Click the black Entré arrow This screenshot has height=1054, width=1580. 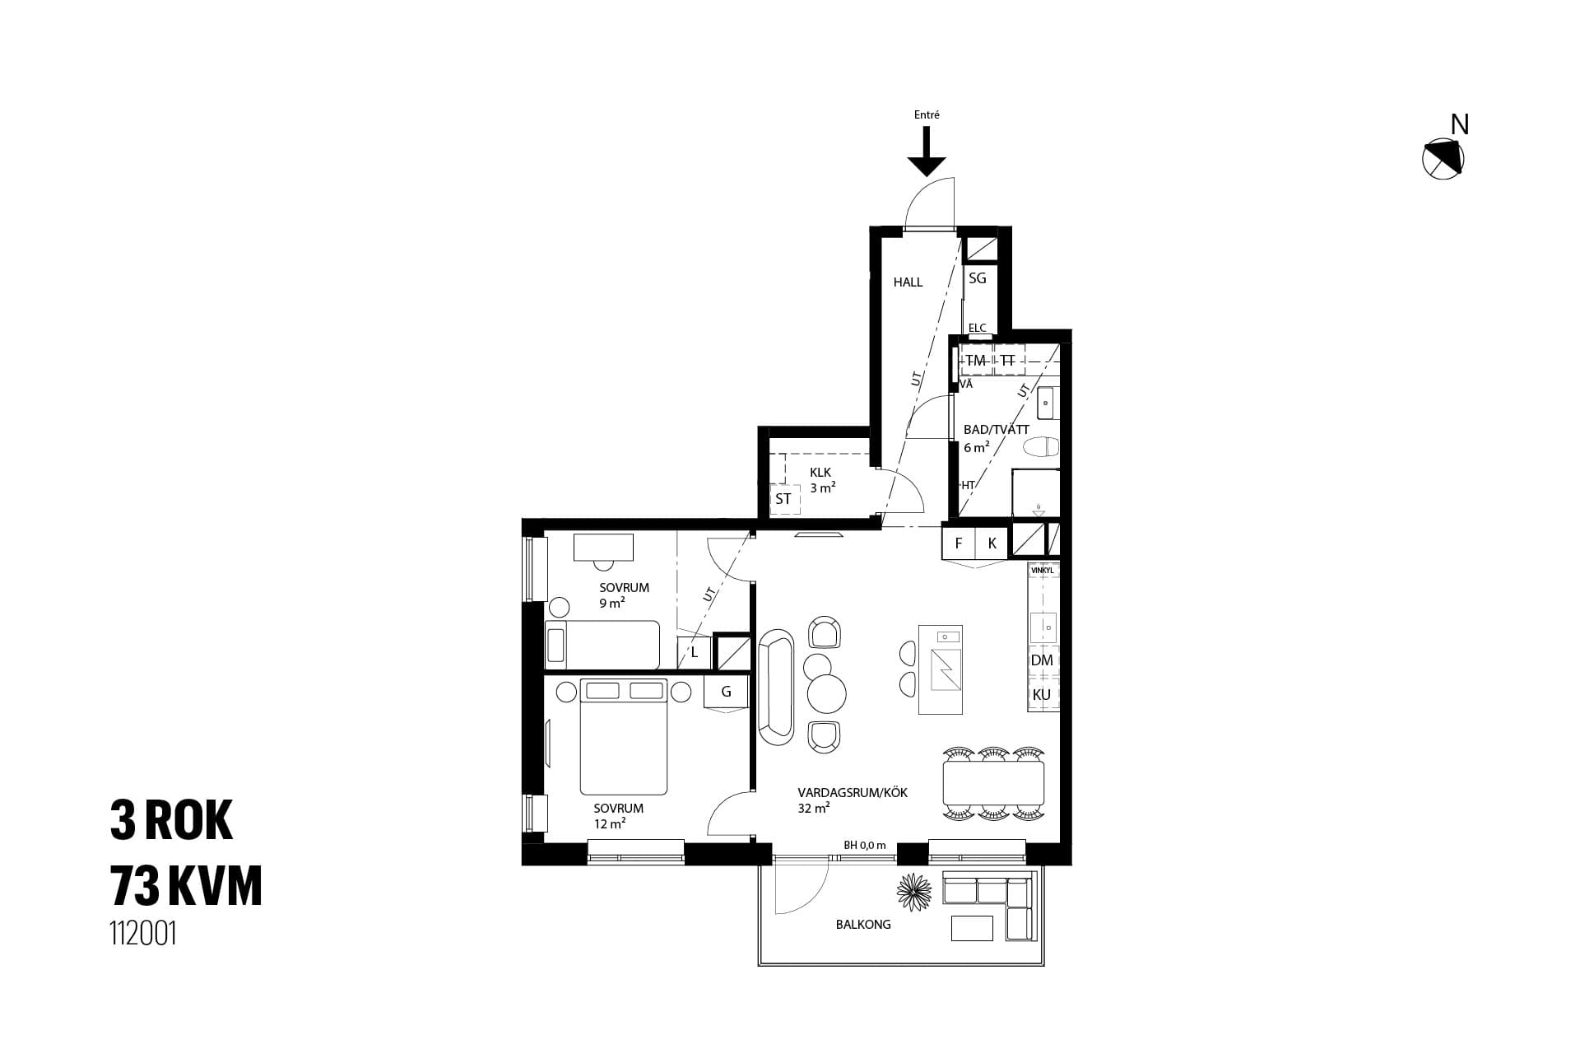pyautogui.click(x=927, y=152)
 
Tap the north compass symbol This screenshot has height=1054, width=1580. pyautogui.click(x=1443, y=157)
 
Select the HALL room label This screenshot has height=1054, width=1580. pyautogui.click(x=908, y=282)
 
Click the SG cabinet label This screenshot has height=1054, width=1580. pyautogui.click(x=977, y=278)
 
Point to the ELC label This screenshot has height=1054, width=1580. pyautogui.click(x=977, y=328)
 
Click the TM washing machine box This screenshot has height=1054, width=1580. pyautogui.click(x=976, y=361)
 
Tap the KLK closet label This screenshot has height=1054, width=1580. pyautogui.click(x=820, y=473)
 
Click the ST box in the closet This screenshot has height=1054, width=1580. pyautogui.click(x=783, y=499)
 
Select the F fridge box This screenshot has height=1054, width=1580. pyautogui.click(x=959, y=543)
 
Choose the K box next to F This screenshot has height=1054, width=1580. pyautogui.click(x=992, y=543)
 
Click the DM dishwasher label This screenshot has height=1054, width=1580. pyautogui.click(x=1042, y=660)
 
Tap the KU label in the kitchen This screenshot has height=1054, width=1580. pyautogui.click(x=1042, y=695)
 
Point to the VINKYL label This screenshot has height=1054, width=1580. pyautogui.click(x=1042, y=569)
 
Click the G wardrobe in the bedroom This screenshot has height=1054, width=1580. pyautogui.click(x=726, y=692)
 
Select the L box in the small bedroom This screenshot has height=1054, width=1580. pyautogui.click(x=695, y=653)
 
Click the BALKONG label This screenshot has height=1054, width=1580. pyautogui.click(x=863, y=925)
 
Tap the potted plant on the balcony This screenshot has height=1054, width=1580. pyautogui.click(x=914, y=893)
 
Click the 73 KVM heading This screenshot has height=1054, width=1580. pyautogui.click(x=186, y=888)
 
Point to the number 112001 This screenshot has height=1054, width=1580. pyautogui.click(x=143, y=934)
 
